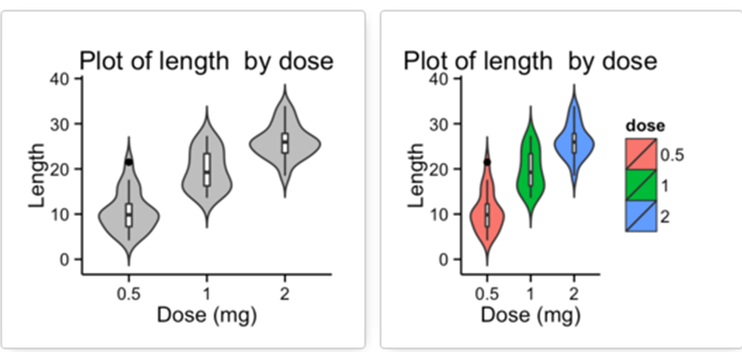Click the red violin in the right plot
478,216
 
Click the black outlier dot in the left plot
129,162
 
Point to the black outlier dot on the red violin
487,162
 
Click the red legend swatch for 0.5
641,154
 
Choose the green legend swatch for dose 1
641,185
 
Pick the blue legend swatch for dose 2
641,216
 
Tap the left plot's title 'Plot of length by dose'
207,61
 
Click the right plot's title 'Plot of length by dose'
530,61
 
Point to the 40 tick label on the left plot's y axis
59,78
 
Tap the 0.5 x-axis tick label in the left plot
129,292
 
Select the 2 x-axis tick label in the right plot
574,292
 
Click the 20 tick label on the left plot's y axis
59,168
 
